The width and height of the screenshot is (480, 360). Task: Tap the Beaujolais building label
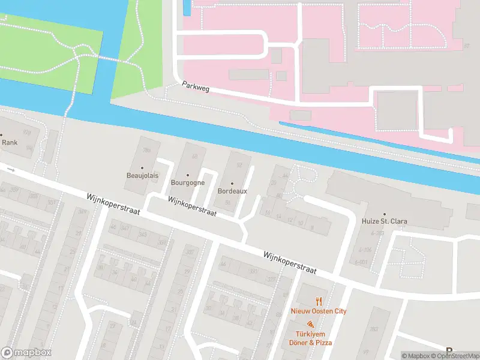point(142,175)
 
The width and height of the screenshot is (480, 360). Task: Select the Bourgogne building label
point(188,182)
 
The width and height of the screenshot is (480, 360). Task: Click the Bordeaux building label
point(232,191)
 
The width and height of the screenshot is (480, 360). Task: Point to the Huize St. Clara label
point(384,221)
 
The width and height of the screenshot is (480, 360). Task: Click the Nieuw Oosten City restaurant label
point(319,311)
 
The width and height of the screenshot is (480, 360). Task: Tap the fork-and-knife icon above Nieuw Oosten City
point(319,301)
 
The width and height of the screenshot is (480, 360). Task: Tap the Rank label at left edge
point(10,143)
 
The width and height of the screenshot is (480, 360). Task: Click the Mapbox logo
point(26,352)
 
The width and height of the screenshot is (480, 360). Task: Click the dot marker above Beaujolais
point(142,167)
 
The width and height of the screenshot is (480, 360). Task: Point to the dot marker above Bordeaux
point(232,184)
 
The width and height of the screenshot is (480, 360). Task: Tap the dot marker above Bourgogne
point(188,175)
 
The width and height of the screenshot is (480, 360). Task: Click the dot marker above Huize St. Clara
point(384,214)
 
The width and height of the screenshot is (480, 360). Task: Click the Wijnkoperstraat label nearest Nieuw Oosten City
point(289,263)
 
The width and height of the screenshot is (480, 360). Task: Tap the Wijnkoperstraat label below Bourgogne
point(192,207)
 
